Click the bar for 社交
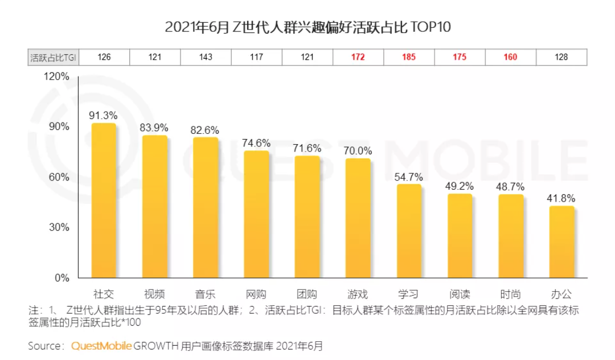[104, 201]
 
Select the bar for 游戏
[358, 218]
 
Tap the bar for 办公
[561, 242]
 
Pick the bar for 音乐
[205, 207]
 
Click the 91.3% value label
[103, 115]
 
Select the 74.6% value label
[256, 143]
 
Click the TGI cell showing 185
[409, 58]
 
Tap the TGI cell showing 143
[205, 58]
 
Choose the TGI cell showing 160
[511, 58]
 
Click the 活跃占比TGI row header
[54, 58]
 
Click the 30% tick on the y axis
[60, 227]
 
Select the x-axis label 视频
[154, 294]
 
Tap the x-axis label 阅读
[460, 294]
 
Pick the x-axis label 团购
[307, 294]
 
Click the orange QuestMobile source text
[101, 346]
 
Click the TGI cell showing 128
[561, 58]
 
